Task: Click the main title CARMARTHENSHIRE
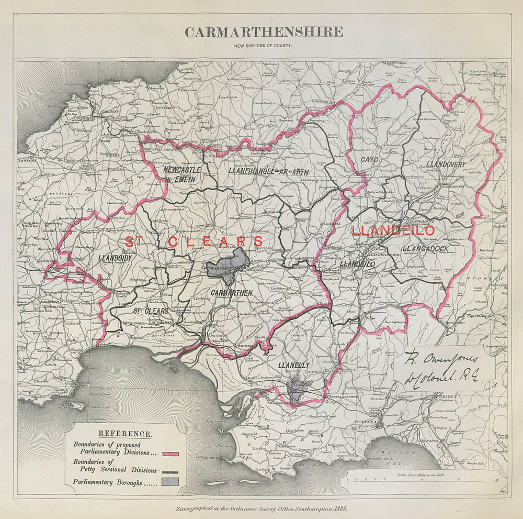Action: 264,32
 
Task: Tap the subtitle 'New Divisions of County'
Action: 264,46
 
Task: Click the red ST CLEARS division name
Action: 194,241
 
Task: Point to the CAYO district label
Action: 369,159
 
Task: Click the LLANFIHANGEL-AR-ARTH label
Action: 269,172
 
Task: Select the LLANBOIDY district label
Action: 117,258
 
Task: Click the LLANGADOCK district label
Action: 425,248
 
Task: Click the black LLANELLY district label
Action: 294,365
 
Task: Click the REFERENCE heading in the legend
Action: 126,434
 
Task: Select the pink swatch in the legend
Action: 171,454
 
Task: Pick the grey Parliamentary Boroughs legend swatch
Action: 171,482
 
